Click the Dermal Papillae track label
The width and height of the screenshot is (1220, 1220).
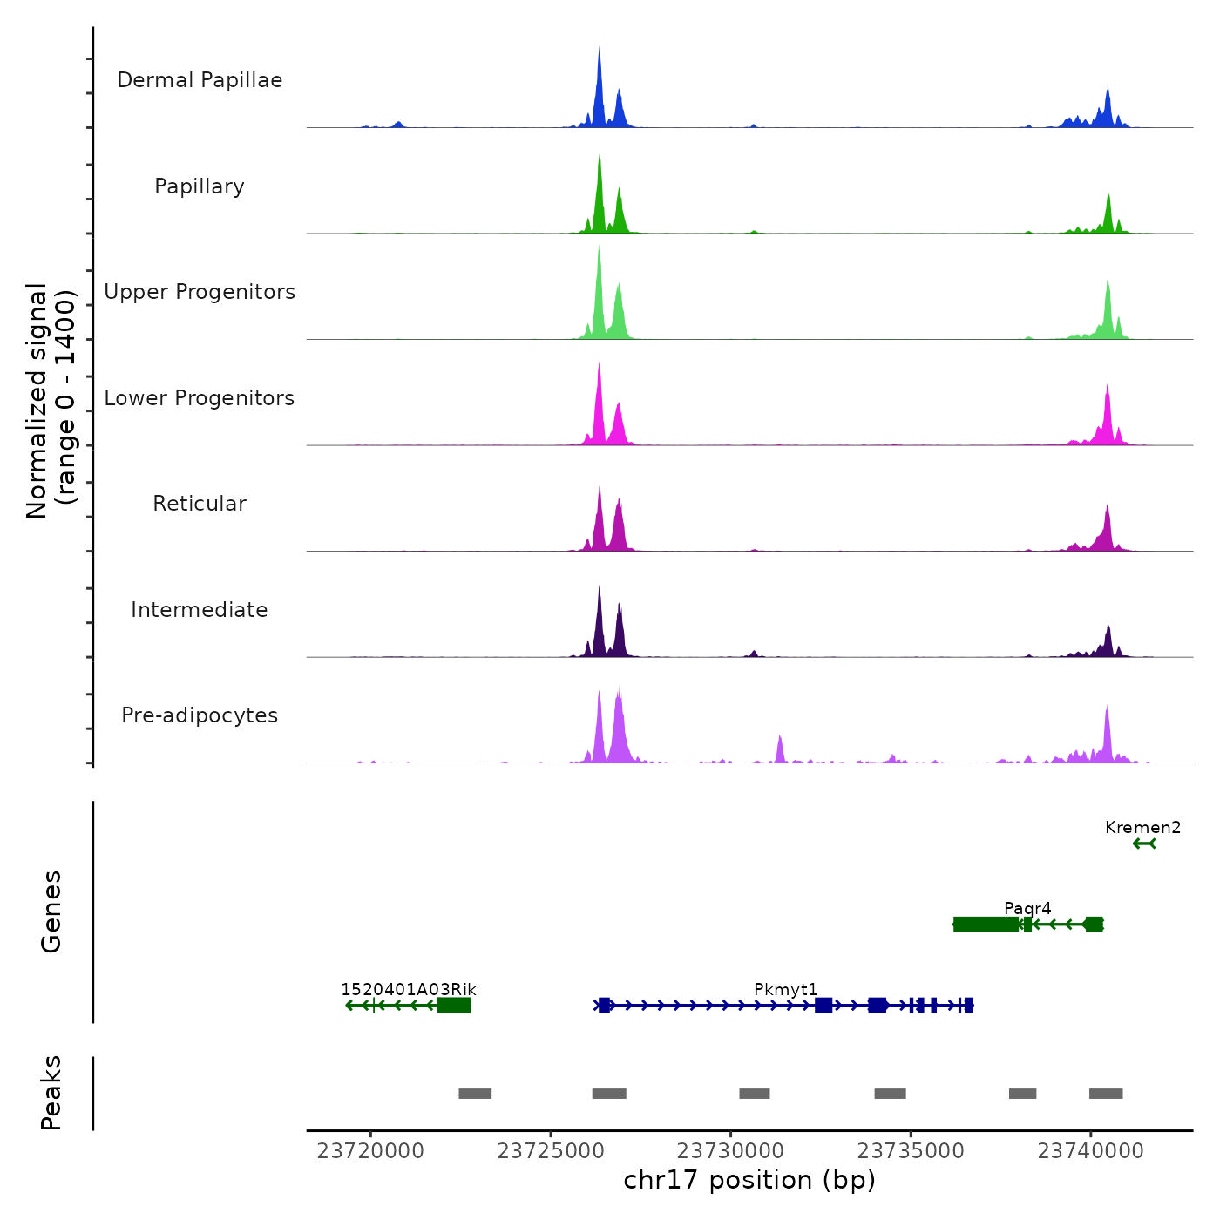coord(200,80)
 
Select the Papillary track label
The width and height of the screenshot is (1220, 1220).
coord(200,186)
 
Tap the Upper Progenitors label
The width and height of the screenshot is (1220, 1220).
coord(200,292)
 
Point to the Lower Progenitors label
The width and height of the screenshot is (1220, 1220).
coord(200,398)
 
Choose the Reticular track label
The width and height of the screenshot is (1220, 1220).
coord(200,504)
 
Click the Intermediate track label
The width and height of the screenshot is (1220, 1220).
coord(200,610)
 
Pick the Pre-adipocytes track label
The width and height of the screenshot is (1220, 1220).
coord(200,715)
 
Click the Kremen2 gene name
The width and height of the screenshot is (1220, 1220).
coord(1142,828)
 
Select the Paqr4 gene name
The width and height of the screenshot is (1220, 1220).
coord(1027,909)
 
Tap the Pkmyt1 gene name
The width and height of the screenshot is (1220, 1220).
coord(785,990)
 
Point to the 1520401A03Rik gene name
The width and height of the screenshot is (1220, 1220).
coord(408,990)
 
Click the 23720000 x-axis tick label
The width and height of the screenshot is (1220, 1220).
coord(370,1151)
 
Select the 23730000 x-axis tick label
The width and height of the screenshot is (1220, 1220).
coord(731,1151)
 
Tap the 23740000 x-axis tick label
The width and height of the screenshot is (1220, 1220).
coord(1090,1151)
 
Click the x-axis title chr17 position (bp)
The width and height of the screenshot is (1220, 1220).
coord(749,1181)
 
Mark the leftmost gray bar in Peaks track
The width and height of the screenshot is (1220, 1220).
coord(475,1094)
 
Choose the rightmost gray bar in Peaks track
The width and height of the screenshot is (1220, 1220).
coord(1106,1094)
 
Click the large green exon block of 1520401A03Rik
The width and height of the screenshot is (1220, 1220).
coord(454,1006)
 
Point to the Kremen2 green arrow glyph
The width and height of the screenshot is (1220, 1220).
coord(1144,844)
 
